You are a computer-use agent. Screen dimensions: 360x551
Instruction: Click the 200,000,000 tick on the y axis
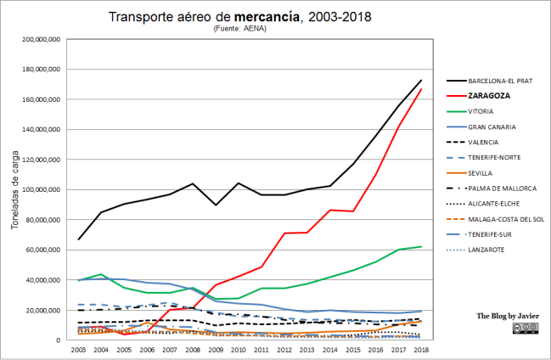(37, 39)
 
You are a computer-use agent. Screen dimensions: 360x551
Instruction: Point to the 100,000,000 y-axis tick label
(37, 189)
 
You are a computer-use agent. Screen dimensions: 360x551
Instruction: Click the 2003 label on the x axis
(79, 350)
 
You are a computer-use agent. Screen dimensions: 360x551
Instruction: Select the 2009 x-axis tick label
(216, 350)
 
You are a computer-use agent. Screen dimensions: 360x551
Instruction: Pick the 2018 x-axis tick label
(422, 350)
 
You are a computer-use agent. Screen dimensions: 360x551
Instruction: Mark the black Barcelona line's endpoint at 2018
(422, 81)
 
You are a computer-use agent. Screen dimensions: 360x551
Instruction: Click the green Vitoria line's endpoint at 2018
(422, 246)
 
